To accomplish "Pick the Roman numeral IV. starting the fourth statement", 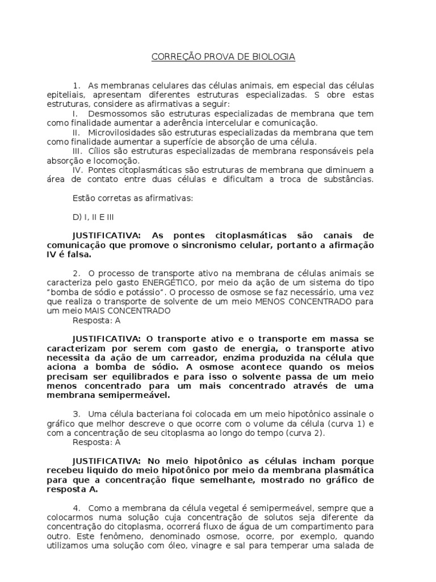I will pos(79,169).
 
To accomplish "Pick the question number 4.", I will pos(77,508).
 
